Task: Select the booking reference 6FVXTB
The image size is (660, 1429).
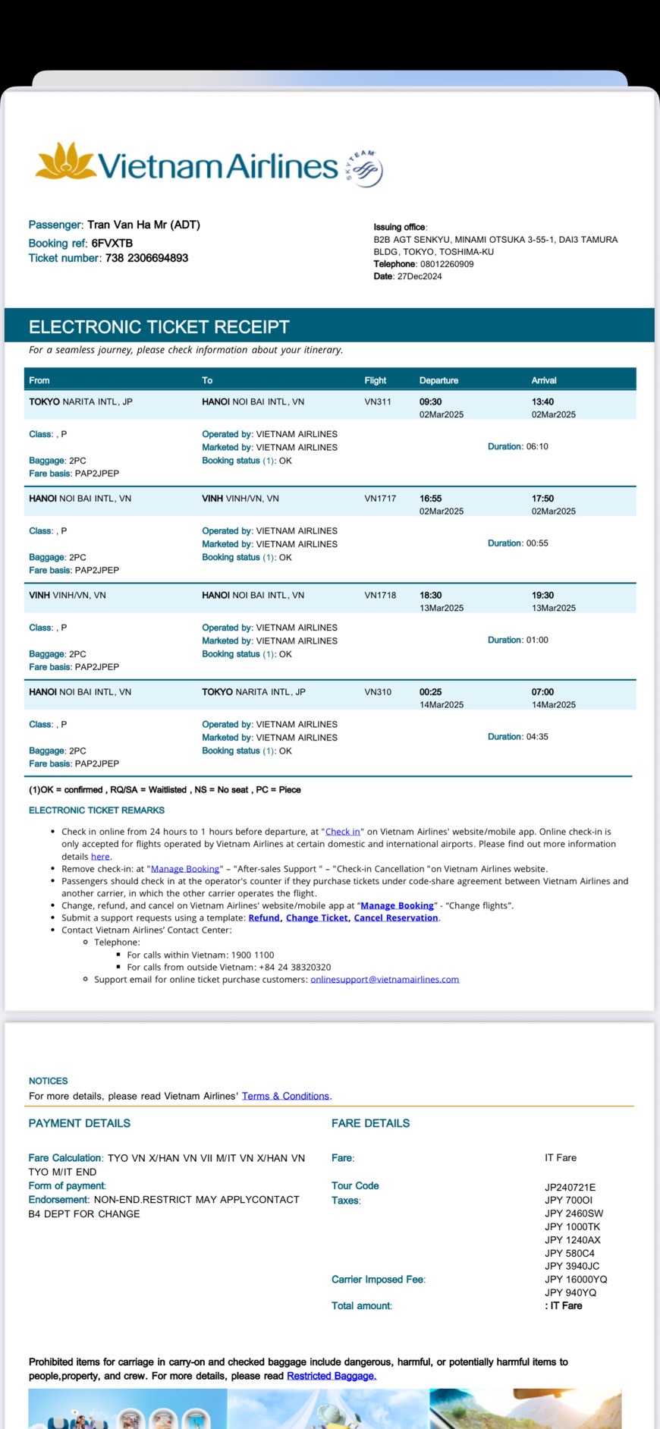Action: pos(112,243)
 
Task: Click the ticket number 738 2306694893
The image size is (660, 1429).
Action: pos(146,258)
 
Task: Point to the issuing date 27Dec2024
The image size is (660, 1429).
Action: pos(420,276)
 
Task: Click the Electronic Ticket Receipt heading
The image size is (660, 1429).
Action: pos(159,327)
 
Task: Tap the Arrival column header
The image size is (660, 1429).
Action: pos(544,380)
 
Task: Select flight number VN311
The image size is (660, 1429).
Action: pos(378,401)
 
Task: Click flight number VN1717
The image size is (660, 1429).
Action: pos(380,499)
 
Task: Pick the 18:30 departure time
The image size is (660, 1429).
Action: pos(430,595)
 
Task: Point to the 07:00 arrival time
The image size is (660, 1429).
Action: pos(542,692)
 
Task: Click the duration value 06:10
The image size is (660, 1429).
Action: pos(537,446)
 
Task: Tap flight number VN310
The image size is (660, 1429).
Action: pos(378,692)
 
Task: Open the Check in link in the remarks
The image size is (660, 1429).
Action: pos(343,832)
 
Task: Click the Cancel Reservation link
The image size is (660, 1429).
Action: pos(396,918)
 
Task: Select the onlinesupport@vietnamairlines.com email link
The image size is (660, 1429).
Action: pos(385,979)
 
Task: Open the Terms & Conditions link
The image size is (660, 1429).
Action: pos(285,1096)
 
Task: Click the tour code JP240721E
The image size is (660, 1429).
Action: pos(570,1187)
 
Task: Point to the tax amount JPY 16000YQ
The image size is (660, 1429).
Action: pos(576,1279)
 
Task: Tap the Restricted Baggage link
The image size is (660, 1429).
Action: pos(331,1376)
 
